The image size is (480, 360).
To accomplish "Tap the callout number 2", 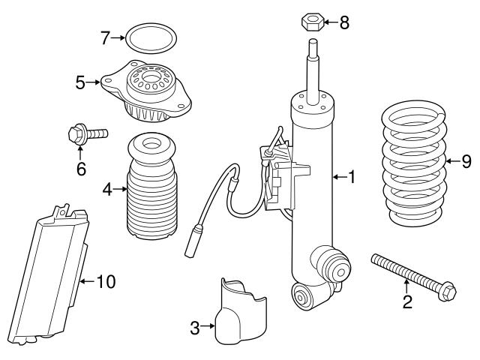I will [407, 302].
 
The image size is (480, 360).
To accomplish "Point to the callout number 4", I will [107, 190].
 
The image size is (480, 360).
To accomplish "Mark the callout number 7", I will [106, 37].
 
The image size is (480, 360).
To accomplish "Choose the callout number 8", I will [344, 22].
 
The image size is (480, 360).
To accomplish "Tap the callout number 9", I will [466, 161].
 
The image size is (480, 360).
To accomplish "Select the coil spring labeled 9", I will [412, 169].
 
